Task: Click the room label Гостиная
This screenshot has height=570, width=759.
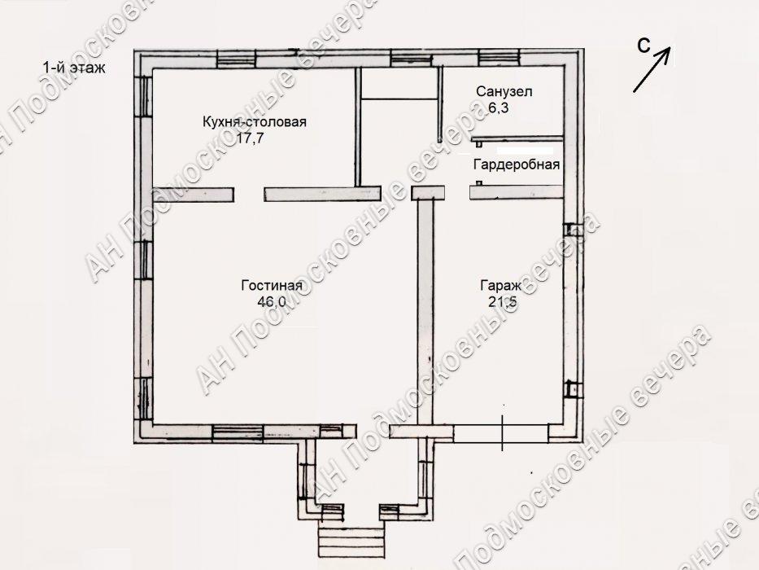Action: pos(272,286)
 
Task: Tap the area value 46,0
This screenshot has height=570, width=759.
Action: pos(272,302)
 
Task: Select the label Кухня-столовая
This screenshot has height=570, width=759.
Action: pos(255,121)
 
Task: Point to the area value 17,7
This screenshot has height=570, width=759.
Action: pos(250,138)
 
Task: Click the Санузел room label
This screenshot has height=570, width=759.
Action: pos(504,91)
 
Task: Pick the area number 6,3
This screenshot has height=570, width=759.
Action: pos(498,107)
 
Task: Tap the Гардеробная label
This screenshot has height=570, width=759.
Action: pos(517,164)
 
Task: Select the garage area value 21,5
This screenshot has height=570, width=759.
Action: pos(503,302)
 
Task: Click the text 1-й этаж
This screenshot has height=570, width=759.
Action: pos(74,68)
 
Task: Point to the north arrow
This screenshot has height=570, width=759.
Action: pos(652,69)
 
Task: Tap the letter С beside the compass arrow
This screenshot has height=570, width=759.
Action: pos(643,45)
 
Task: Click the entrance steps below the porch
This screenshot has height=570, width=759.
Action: pos(351,539)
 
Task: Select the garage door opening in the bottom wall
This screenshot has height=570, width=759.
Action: pos(501,433)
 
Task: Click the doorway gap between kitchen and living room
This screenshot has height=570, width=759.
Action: pos(249,195)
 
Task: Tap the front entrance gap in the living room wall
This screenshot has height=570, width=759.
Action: pos(373,431)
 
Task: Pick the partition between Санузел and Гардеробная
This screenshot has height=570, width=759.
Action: pos(517,139)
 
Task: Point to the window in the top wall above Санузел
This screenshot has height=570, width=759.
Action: pos(500,58)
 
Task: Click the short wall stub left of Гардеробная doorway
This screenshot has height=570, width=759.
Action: pos(428,192)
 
